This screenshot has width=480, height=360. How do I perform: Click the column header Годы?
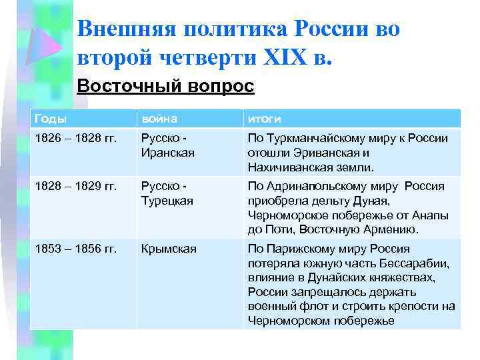(x=50, y=119)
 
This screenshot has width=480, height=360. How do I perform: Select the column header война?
(x=159, y=119)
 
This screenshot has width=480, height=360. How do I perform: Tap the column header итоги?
(x=264, y=119)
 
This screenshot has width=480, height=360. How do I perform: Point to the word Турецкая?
(x=167, y=200)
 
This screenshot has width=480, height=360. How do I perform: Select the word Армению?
(x=394, y=229)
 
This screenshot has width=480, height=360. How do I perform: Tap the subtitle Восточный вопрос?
(x=165, y=86)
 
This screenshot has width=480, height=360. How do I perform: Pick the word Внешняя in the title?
(x=127, y=29)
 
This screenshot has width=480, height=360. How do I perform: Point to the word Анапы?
(x=431, y=215)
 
